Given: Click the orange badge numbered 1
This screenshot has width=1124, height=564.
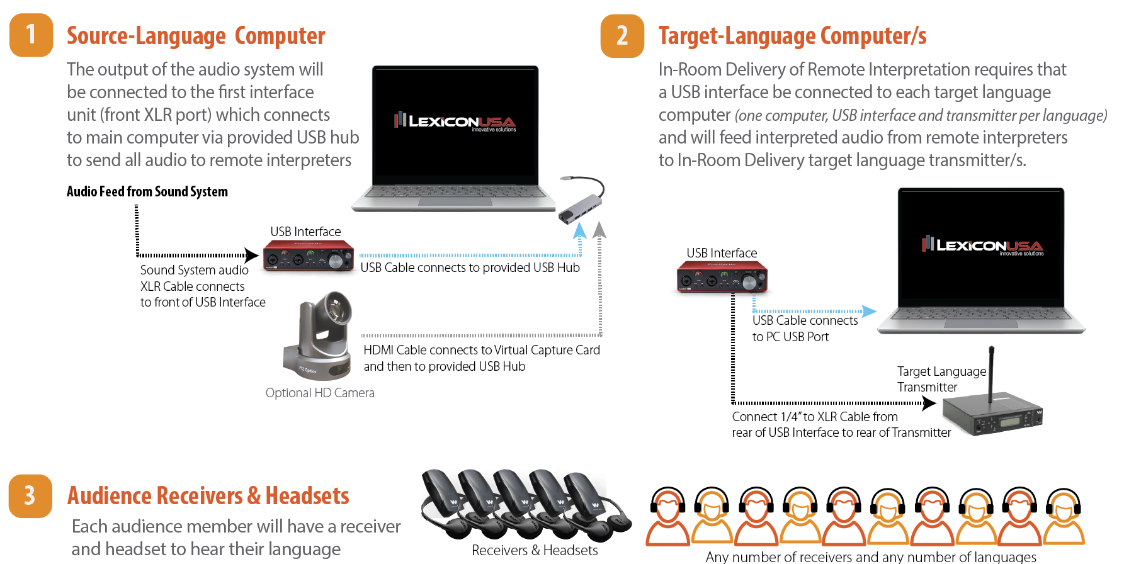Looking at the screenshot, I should click(31, 35).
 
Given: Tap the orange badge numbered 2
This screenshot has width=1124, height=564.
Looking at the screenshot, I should click(622, 36).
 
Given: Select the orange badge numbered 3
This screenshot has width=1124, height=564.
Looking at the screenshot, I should click(30, 496).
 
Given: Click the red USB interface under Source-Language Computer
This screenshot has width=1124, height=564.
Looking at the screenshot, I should click(309, 256).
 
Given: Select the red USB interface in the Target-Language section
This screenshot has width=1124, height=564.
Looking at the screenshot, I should click(722, 277).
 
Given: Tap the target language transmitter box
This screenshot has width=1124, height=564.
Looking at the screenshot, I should click(992, 416).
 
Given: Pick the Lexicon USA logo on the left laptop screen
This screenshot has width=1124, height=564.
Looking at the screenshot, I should click(455, 121).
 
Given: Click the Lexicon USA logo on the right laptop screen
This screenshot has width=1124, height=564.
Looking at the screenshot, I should click(982, 245).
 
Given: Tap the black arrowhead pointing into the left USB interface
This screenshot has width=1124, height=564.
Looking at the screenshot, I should click(252, 256).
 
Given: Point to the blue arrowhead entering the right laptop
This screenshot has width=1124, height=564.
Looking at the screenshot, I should click(869, 311).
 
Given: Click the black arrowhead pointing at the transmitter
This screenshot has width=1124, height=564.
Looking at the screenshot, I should click(929, 403).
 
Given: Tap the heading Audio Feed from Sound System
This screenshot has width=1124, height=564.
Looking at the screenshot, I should click(147, 191).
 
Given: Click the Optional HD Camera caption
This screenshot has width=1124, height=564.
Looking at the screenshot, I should click(320, 393).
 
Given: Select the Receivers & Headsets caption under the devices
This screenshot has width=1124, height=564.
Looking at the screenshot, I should click(535, 550).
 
